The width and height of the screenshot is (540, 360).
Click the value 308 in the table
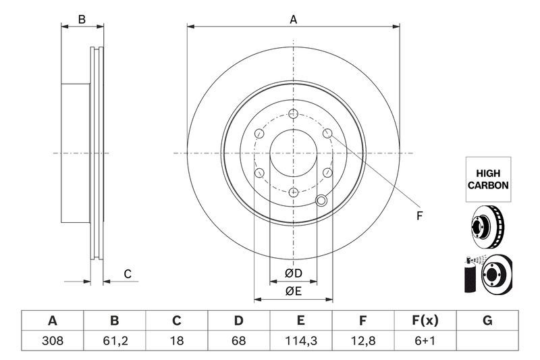53,342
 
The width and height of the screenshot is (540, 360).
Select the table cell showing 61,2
115,342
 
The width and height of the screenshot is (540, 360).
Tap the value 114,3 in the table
301,342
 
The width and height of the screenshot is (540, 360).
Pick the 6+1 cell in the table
425,342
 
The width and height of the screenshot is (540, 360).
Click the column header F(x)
425,321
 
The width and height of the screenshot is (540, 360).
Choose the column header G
487,321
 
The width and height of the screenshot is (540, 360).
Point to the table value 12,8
362,342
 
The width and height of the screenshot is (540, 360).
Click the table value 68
239,342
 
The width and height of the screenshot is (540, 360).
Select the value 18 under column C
177,342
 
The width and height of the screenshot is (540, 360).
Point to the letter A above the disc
293,20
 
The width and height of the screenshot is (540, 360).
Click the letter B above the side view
82,20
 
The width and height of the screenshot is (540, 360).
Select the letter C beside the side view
126,273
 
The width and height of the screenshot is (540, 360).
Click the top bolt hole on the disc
292,113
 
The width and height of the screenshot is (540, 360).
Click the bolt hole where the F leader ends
327,134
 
